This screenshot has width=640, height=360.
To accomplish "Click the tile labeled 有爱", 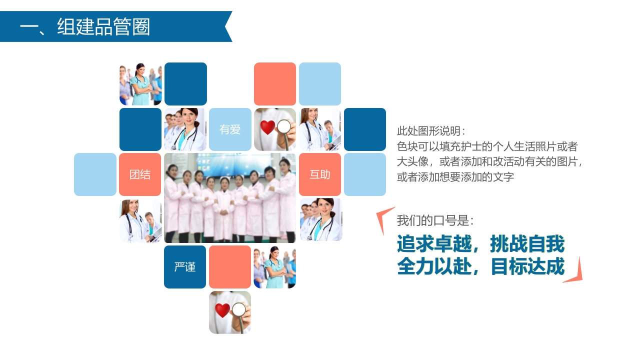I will tap(230, 129).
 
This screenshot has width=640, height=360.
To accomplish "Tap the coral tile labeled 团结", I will tap(140, 174).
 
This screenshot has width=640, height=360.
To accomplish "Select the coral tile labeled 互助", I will tap(320, 174).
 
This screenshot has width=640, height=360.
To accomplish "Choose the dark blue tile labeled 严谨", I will tap(185, 267).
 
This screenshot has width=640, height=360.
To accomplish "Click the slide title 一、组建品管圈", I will tap(85, 26).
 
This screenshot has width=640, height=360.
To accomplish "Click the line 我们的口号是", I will tap(435, 220).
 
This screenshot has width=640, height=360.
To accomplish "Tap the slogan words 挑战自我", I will tap(527, 244).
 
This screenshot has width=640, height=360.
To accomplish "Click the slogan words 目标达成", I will tap(527, 266).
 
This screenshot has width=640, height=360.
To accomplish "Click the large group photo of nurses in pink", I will tap(230, 198).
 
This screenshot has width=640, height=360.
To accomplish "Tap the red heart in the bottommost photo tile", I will tap(222, 310).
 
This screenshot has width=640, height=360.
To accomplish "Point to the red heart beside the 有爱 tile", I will tap(267, 127).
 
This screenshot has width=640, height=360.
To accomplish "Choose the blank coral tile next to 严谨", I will tap(230, 267).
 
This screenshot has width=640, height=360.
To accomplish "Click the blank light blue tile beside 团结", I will tap(95, 174).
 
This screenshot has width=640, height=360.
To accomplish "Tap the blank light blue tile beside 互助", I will tap(365, 174).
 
